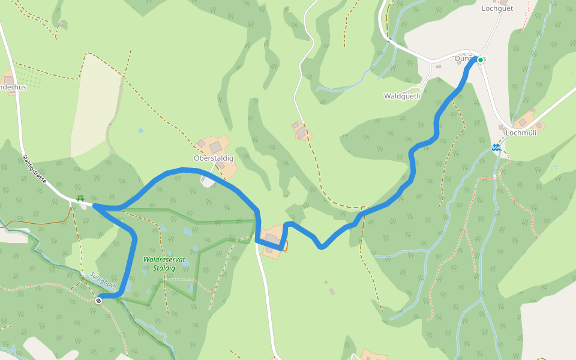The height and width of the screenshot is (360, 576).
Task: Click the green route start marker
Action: click(x=481, y=60)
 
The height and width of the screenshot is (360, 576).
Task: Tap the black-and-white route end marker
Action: click(x=98, y=301)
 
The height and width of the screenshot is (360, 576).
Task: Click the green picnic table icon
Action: click(x=80, y=199)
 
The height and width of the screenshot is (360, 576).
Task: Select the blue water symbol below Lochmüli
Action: click(x=496, y=147)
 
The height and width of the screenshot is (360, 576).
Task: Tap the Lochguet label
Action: click(x=497, y=8)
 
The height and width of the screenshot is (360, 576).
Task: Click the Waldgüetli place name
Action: click(x=402, y=96)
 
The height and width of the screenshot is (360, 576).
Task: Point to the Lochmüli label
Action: click(x=521, y=133)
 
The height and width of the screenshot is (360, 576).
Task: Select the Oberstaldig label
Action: click(x=213, y=158)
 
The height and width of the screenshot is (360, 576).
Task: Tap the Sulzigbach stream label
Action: click(x=103, y=280)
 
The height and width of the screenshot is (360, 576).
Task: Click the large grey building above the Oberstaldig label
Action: click(x=215, y=147)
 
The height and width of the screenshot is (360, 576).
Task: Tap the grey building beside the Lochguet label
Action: click(x=503, y=2)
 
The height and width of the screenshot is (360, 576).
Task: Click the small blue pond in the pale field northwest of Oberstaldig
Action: click(x=140, y=130)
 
